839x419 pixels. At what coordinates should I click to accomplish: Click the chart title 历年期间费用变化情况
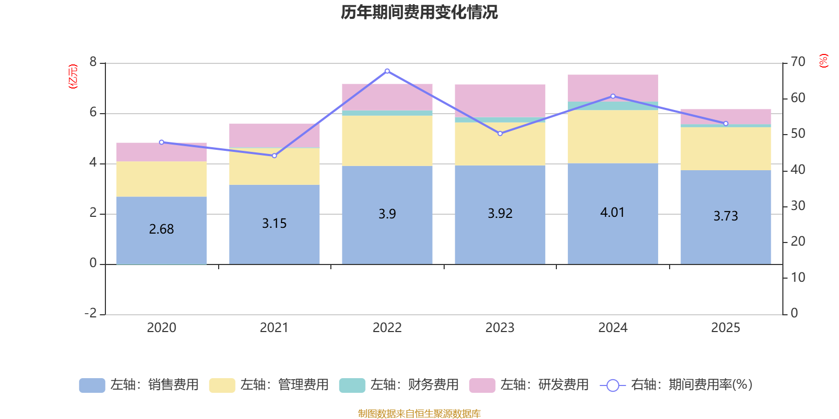[x=419, y=12]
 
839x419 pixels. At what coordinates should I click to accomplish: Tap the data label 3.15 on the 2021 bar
[x=274, y=224]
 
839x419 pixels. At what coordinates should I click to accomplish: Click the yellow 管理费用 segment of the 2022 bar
[x=387, y=140]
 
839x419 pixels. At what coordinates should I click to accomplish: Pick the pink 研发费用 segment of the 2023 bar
[x=500, y=101]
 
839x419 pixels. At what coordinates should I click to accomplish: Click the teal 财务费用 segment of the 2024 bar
[x=612, y=106]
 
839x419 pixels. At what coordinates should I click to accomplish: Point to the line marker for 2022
[x=387, y=71]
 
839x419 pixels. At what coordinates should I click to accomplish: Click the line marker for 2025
[x=726, y=124]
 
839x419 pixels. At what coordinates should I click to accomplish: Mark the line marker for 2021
[x=274, y=156]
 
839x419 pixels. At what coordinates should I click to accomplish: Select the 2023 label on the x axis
[x=500, y=328]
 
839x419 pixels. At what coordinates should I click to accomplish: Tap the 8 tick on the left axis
[x=93, y=62]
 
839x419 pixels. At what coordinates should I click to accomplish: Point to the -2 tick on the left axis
[x=91, y=313]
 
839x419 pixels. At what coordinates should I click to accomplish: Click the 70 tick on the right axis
[x=798, y=62]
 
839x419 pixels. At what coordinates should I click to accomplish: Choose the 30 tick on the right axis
[x=798, y=206]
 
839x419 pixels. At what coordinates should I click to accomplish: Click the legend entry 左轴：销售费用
[x=139, y=385]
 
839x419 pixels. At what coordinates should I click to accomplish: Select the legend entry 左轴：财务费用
[x=399, y=385]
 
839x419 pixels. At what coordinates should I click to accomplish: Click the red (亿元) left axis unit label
[x=73, y=76]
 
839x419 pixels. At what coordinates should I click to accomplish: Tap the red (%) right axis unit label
[x=823, y=61]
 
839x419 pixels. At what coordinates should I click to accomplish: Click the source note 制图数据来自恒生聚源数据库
[x=419, y=414]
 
